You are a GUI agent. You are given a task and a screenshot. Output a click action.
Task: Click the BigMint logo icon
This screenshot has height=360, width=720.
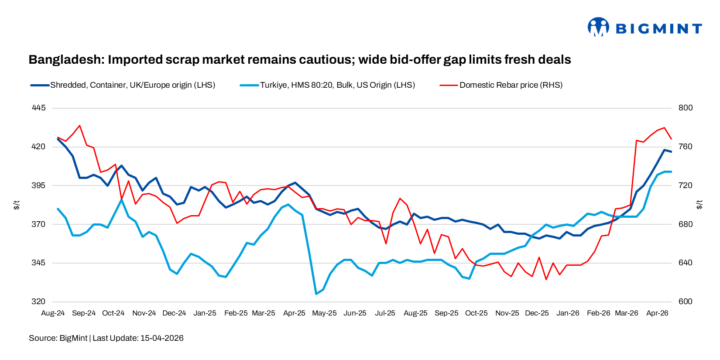coord(598,27)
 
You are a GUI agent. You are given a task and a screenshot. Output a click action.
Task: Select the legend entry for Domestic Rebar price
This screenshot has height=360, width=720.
coord(511,85)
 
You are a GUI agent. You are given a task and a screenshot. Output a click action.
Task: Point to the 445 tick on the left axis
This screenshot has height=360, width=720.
coord(38,108)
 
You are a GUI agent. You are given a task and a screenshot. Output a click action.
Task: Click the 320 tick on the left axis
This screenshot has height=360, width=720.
coord(38,302)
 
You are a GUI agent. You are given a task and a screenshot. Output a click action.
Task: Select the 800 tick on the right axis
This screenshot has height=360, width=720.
coord(686,108)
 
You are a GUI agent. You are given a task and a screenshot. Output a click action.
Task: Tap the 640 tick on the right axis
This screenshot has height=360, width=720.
coord(686,263)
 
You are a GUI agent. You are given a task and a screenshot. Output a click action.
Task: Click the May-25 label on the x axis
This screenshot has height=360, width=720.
coord(324,313)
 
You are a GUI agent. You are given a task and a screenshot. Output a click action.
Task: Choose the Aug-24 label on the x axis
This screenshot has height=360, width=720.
coord(53,313)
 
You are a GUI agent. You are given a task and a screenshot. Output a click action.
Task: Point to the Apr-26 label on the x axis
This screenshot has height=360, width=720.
coord(657,313)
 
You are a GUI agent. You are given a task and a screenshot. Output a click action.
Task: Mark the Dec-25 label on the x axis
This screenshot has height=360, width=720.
coord(537,313)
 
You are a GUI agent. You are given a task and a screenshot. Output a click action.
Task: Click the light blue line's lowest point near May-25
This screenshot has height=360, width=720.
coord(316,294)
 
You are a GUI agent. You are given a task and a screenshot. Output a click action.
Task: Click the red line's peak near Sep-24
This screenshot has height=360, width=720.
coord(79,126)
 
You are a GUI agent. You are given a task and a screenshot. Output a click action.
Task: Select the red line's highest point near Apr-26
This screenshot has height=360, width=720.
coord(664,128)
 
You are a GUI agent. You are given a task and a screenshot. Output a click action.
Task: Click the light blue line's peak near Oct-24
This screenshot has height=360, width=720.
coord(122,199)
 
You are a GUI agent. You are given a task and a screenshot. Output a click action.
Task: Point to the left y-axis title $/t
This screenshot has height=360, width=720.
coord(17,205)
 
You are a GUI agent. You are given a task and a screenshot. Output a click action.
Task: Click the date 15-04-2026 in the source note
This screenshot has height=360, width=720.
coord(162,338)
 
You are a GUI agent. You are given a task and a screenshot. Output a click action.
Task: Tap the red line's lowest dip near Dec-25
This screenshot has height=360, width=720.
coord(546,279)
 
